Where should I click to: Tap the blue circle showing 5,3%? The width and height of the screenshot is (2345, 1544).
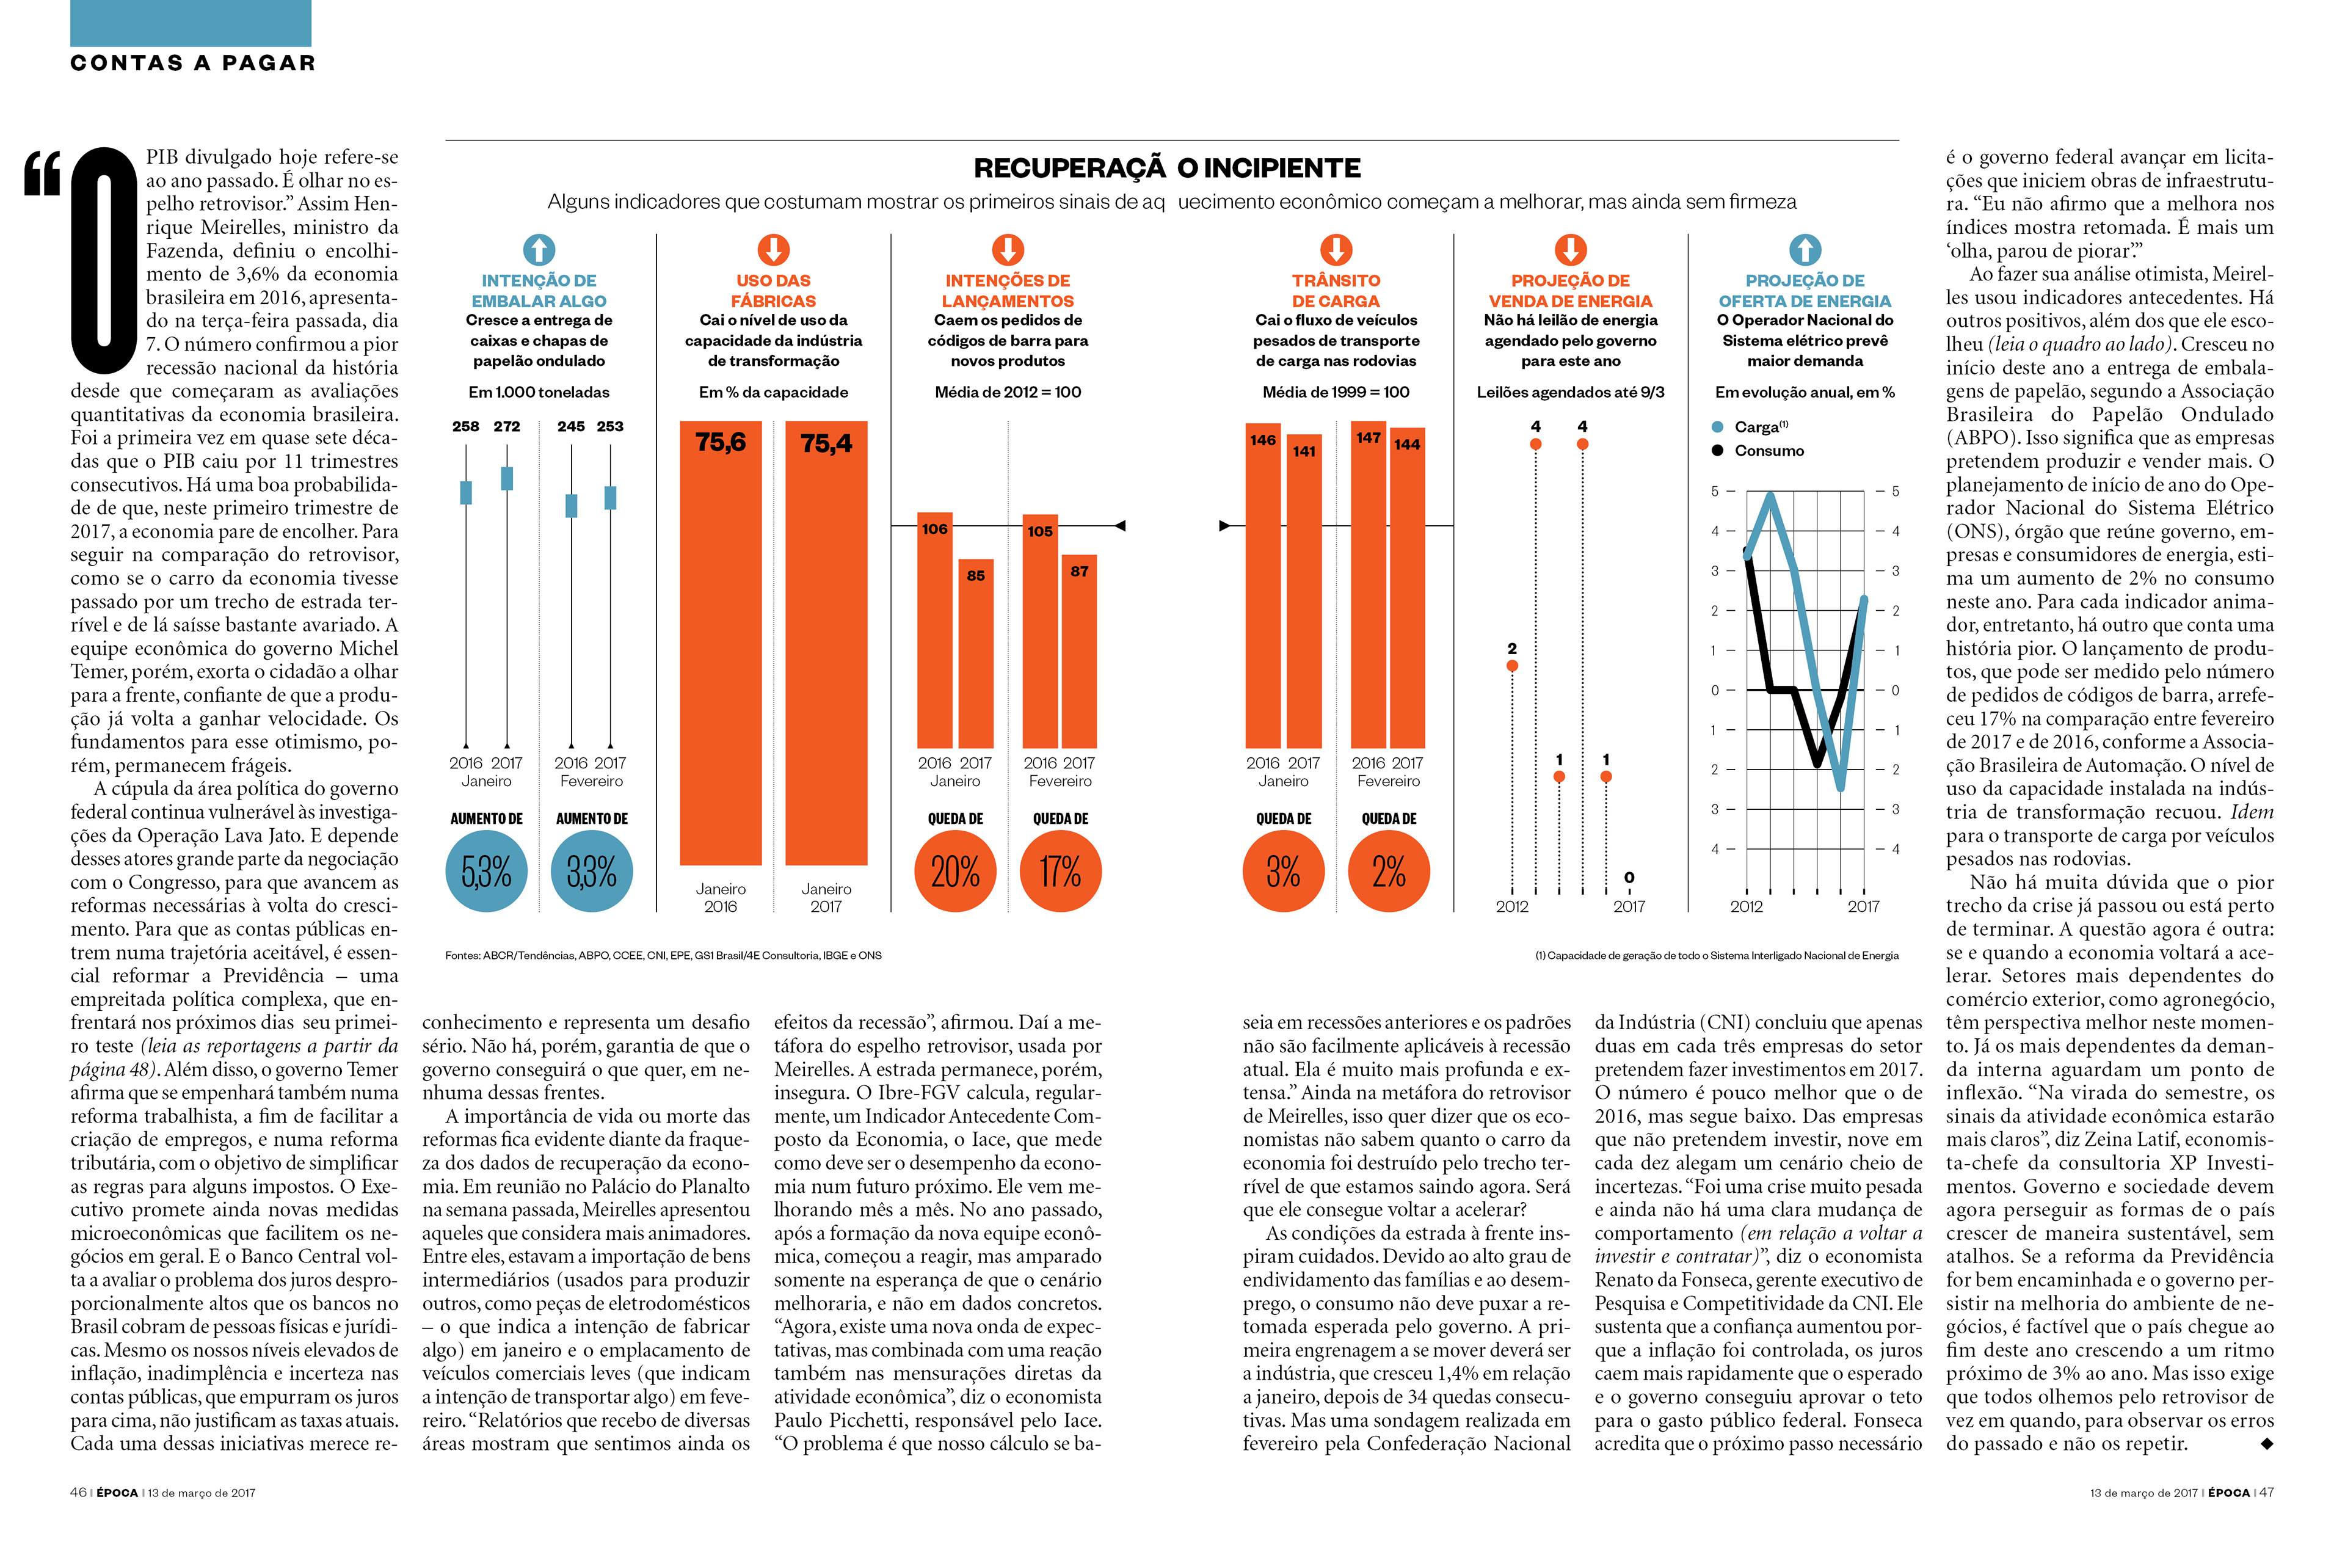(x=487, y=871)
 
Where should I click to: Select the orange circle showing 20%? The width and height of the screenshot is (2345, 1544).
(x=954, y=871)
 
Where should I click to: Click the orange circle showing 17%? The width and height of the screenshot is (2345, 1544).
(x=1060, y=871)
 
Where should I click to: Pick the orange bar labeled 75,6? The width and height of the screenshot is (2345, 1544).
(x=720, y=643)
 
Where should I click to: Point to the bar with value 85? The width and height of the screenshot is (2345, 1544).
(x=975, y=654)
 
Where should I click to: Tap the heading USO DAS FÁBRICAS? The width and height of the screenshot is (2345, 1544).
(x=774, y=291)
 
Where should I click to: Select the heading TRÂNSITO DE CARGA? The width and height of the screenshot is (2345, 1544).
(x=1336, y=291)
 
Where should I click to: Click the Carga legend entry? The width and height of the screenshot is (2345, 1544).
(x=1750, y=427)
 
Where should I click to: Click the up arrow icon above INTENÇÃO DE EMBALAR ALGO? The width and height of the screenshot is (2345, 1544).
(x=539, y=249)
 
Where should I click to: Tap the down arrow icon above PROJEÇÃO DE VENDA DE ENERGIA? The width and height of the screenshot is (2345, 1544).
(x=1571, y=249)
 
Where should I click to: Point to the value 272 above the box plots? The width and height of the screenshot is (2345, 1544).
(x=506, y=427)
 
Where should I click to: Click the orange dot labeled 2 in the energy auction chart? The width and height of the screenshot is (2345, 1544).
(x=1513, y=666)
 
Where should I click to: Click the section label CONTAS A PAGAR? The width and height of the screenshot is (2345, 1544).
(x=193, y=63)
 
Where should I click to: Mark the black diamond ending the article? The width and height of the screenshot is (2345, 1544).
(x=2266, y=1443)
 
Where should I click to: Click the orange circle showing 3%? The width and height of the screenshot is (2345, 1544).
(x=1283, y=871)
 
